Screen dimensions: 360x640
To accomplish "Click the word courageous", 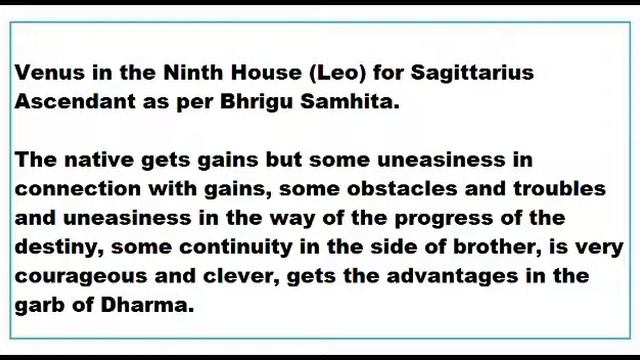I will tap(74, 276).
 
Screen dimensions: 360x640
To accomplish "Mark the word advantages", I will tap(454, 276).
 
